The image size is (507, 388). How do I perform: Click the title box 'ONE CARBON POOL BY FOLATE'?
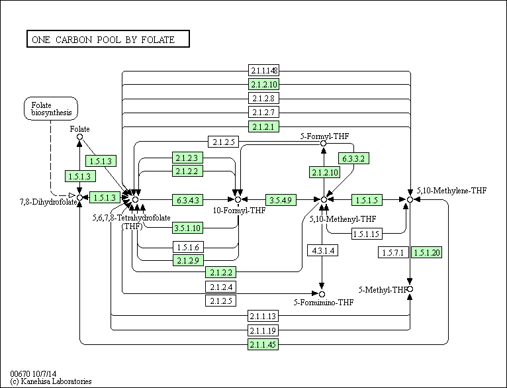click(108, 39)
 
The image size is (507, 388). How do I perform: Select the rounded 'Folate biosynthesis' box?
click(51, 109)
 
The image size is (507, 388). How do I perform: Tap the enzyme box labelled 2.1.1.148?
click(263, 70)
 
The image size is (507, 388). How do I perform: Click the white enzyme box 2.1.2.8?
click(263, 98)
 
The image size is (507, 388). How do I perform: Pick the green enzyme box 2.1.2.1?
click(263, 126)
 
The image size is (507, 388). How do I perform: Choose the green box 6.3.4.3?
click(187, 200)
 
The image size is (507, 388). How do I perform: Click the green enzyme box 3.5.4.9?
click(281, 200)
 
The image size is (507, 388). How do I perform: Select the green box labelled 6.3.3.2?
click(353, 158)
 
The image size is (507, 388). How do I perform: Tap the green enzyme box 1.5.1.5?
click(367, 200)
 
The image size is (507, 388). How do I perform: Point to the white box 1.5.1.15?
click(367, 234)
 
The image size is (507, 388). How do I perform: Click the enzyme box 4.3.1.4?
click(323, 250)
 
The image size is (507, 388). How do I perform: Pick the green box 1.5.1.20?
click(426, 252)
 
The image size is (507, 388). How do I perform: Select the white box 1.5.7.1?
click(393, 252)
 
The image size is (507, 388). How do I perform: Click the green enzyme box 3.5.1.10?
click(187, 228)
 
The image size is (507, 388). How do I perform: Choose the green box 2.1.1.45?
click(263, 344)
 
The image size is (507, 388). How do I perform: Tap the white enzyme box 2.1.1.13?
click(263, 316)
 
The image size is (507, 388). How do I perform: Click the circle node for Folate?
click(80, 137)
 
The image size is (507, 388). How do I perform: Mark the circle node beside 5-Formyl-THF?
click(323, 143)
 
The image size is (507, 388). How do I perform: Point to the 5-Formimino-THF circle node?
click(322, 294)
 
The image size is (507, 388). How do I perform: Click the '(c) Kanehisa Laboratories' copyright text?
click(51, 381)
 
